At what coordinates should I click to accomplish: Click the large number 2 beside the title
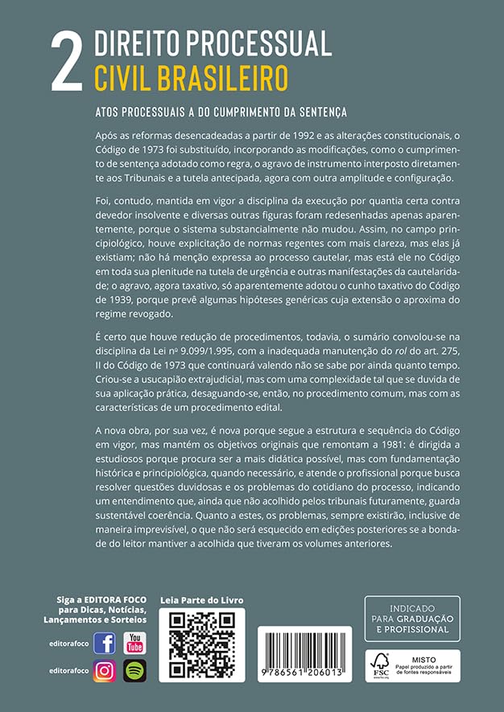pyautogui.click(x=67, y=62)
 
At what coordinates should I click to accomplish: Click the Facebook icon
pyautogui.click(x=105, y=644)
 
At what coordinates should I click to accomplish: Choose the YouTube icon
pyautogui.click(x=134, y=644)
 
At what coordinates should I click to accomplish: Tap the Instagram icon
pyautogui.click(x=105, y=670)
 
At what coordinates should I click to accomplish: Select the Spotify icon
pyautogui.click(x=134, y=670)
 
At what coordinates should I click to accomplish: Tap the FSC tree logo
pyautogui.click(x=379, y=664)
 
